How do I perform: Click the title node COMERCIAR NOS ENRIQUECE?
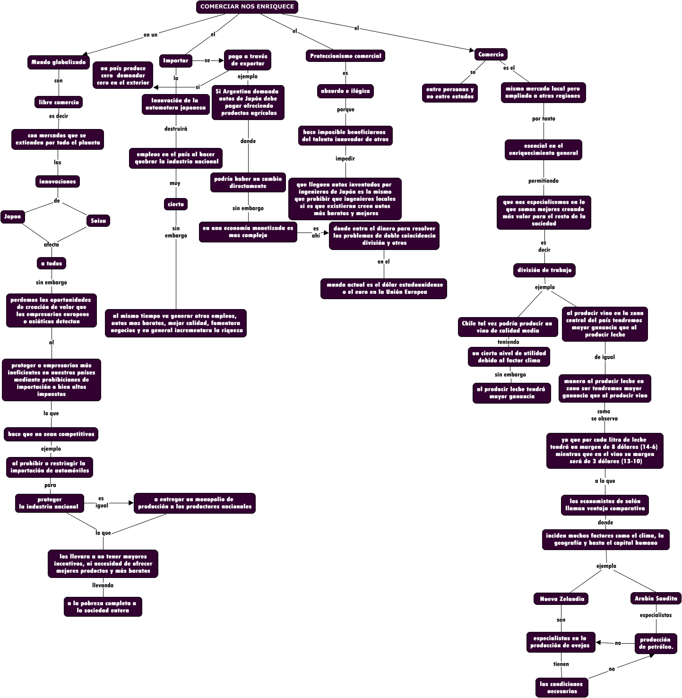(x=247, y=7)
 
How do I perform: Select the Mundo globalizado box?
(x=59, y=62)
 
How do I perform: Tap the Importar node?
(x=175, y=60)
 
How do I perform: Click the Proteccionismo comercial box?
(x=345, y=56)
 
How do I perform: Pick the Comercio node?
(x=491, y=54)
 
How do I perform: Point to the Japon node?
(x=13, y=217)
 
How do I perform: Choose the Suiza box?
(x=98, y=221)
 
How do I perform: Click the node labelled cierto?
(x=175, y=204)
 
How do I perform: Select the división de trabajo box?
(x=544, y=270)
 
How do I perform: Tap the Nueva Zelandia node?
(x=561, y=599)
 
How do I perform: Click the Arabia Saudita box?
(x=656, y=598)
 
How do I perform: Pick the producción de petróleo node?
(x=656, y=643)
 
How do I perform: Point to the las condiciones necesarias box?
(x=561, y=688)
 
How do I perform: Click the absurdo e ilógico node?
(x=345, y=91)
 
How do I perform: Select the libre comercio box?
(x=59, y=102)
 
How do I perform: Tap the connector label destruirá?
(x=176, y=129)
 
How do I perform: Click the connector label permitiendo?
(x=543, y=181)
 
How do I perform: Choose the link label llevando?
(x=103, y=585)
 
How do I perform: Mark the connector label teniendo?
(x=508, y=342)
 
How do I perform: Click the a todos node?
(x=52, y=263)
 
